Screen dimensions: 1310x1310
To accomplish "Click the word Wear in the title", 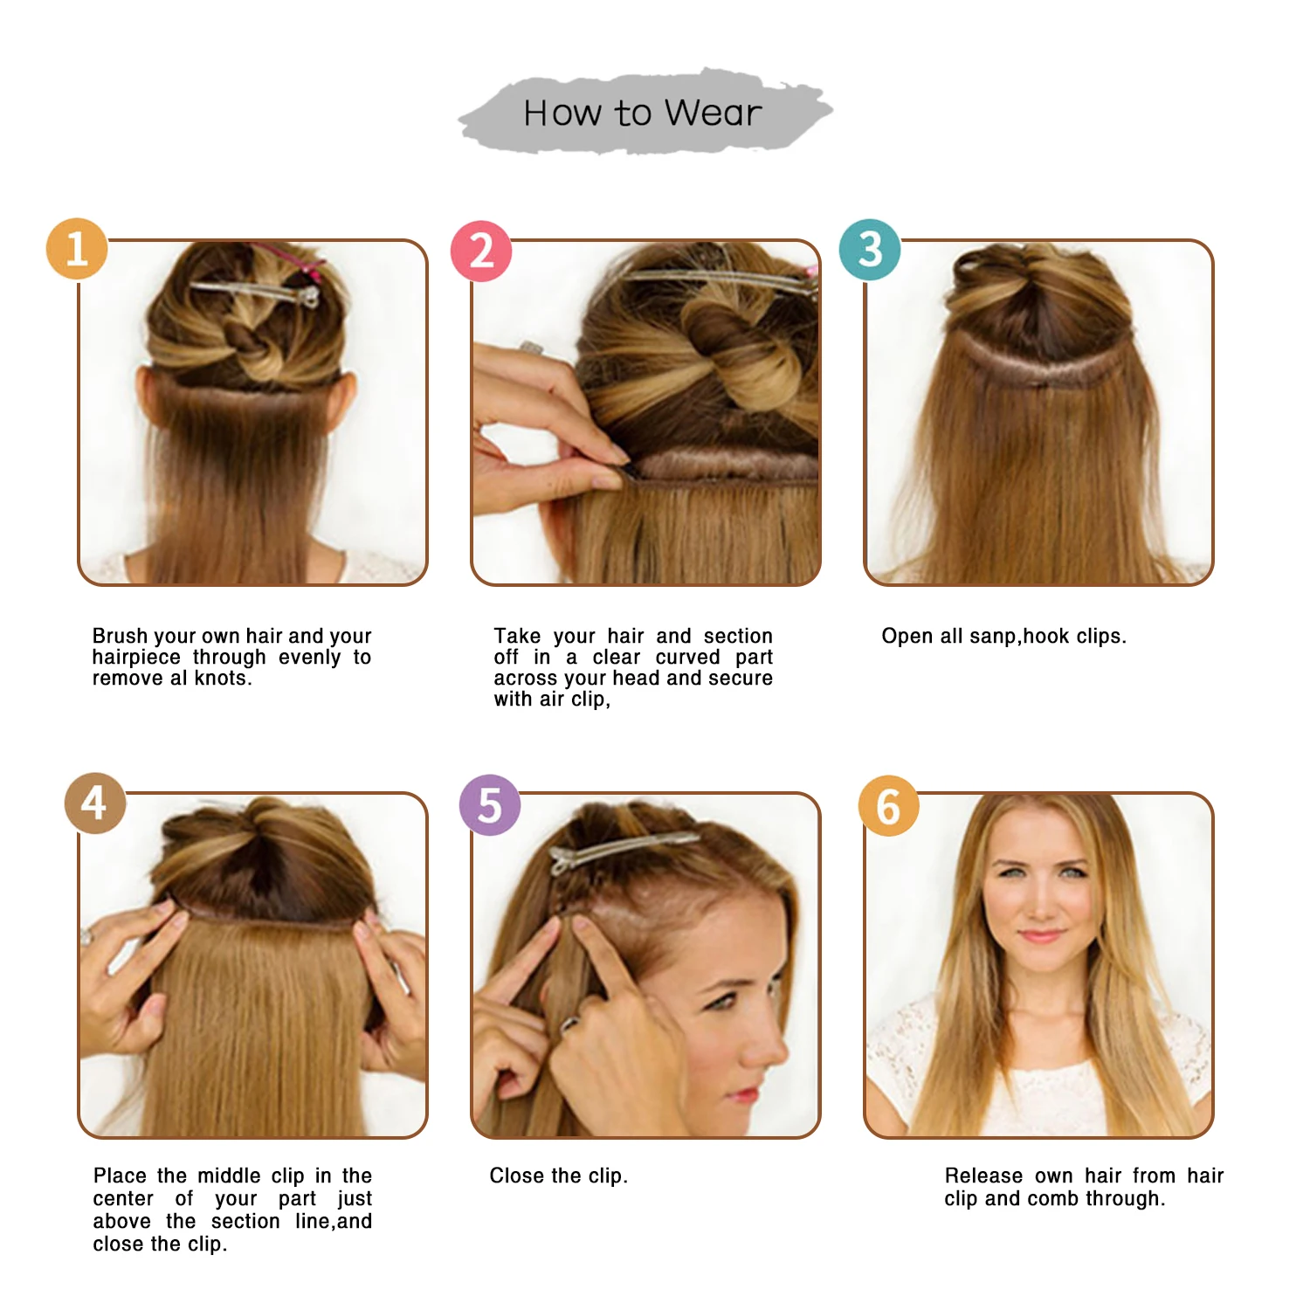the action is click(713, 114).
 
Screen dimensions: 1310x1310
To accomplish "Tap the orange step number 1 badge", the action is click(77, 249).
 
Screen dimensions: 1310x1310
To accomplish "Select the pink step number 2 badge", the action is click(481, 252).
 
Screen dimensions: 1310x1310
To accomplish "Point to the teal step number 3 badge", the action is click(870, 249).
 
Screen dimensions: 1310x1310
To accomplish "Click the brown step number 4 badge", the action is click(95, 803).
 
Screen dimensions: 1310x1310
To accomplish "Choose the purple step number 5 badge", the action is click(490, 804).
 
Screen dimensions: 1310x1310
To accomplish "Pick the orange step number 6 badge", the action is click(889, 805).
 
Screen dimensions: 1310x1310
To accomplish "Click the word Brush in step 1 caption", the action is click(121, 636).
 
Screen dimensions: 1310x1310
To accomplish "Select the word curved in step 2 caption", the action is click(688, 657).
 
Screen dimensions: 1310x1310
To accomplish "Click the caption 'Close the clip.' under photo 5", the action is click(559, 1176).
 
